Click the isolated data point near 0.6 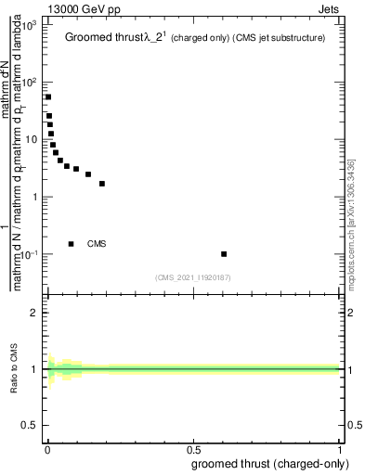coord(224,253)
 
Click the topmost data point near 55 coord(48,96)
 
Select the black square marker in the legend coord(72,244)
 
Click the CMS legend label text coord(97,244)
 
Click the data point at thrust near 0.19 coord(102,184)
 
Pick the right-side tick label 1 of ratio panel coord(353,369)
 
